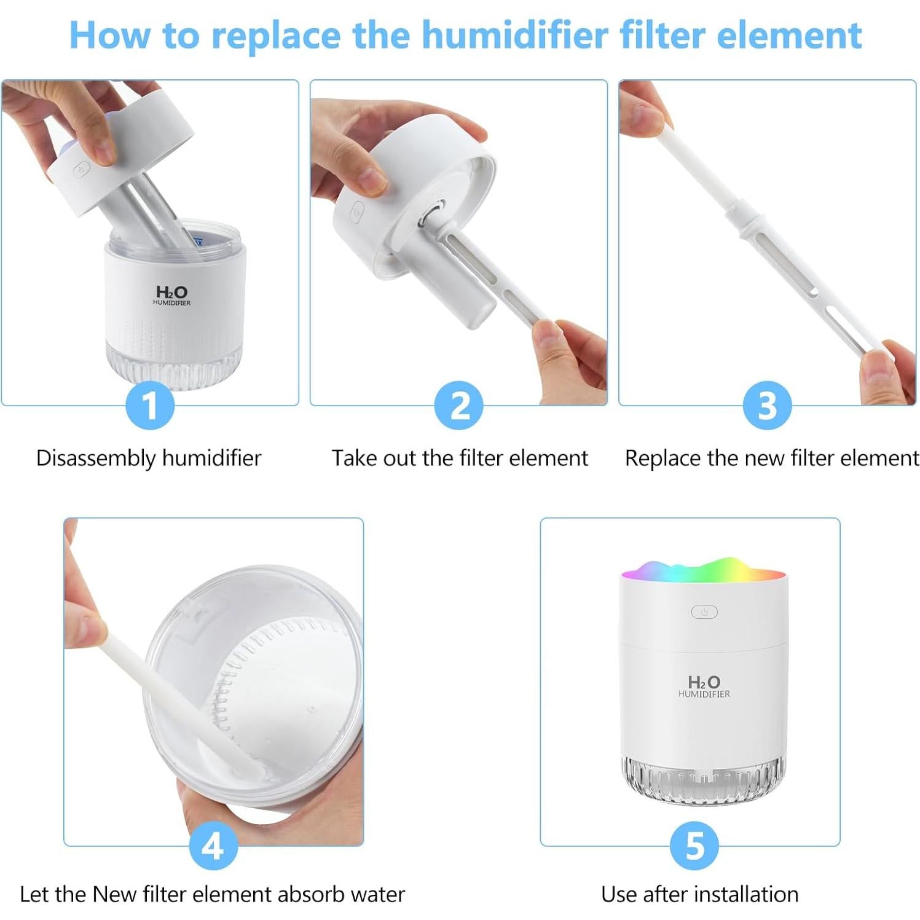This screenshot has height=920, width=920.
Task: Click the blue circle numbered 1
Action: (150, 405)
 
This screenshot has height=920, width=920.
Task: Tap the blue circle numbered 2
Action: (458, 405)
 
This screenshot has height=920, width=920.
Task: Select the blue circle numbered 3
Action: (767, 405)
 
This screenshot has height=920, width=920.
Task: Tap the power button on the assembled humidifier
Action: (704, 612)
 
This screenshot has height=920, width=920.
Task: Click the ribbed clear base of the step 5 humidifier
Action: (704, 779)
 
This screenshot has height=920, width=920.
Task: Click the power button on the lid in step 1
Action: (82, 169)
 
